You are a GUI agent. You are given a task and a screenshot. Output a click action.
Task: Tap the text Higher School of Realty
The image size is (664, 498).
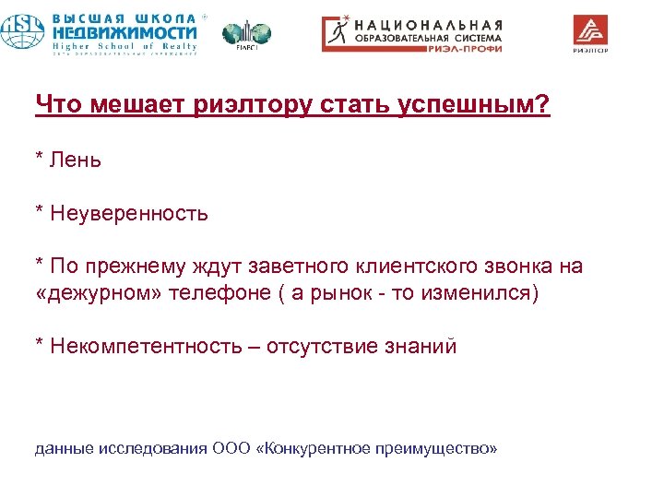[x=125, y=46]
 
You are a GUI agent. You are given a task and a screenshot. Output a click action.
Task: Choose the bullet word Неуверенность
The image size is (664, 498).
[x=129, y=214]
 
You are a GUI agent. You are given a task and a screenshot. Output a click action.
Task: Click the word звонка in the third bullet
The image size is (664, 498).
[x=519, y=267]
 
